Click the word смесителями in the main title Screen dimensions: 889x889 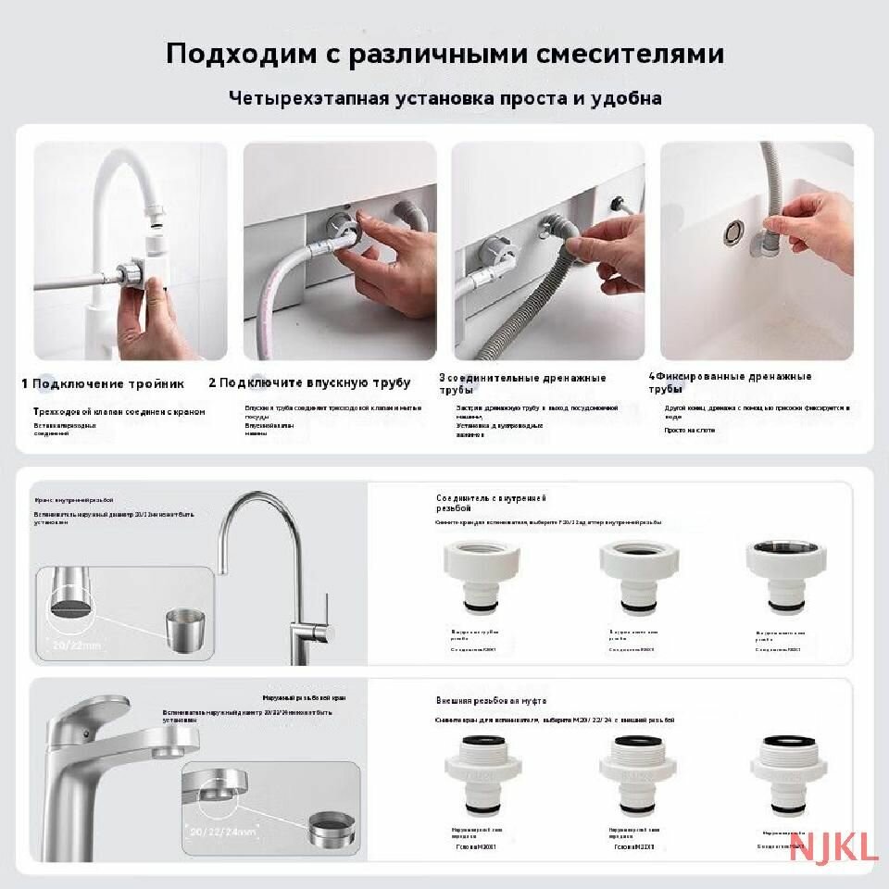pos(631,54)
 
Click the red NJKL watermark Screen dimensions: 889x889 pos(833,846)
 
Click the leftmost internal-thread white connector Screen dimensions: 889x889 pos(477,575)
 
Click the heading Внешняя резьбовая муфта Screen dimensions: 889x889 pos(492,701)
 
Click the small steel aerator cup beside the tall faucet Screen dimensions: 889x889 pos(185,630)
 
